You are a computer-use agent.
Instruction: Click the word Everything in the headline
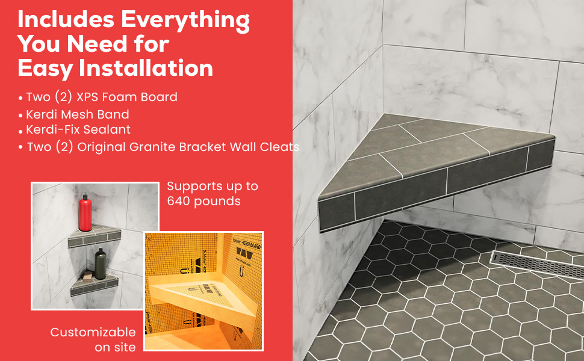click(185, 19)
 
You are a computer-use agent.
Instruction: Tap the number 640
click(179, 201)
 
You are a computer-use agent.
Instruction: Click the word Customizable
click(93, 332)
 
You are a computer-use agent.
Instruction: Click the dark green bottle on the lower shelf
click(99, 262)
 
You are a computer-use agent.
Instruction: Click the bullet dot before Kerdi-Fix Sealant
click(21, 131)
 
